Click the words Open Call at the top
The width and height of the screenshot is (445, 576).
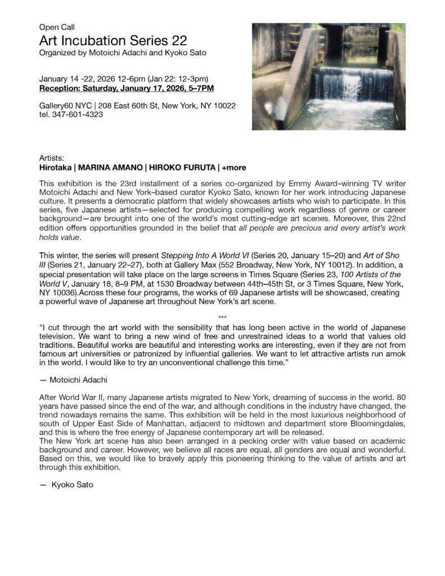[57, 27]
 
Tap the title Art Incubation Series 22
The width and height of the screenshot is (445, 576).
[113, 40]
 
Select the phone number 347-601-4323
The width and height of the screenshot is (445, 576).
[77, 114]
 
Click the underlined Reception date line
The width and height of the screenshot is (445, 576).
[127, 88]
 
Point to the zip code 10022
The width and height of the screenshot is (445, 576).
[224, 106]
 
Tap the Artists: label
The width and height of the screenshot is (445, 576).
[52, 159]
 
